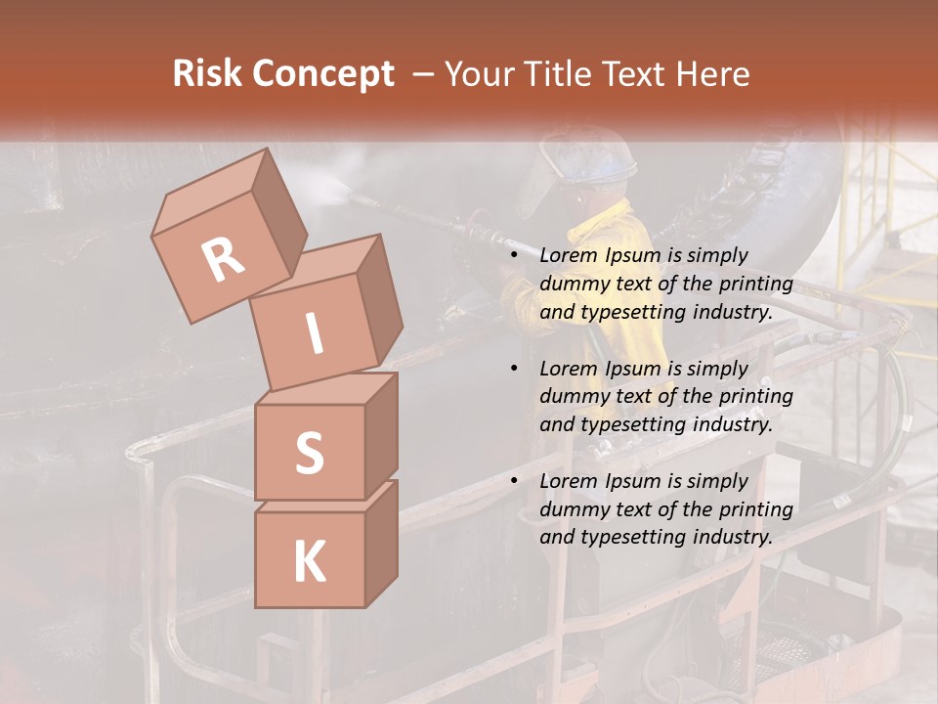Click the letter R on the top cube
pos(224,260)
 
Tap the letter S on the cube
pos(309,453)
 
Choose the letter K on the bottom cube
pos(309,561)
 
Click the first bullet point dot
pos(515,255)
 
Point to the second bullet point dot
pos(515,369)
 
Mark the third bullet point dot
pos(515,481)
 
